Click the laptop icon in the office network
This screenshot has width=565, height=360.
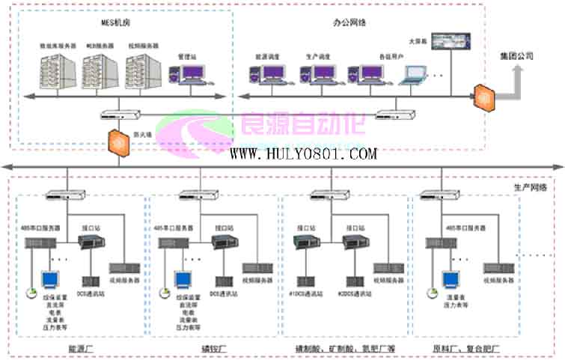pyautogui.click(x=414, y=74)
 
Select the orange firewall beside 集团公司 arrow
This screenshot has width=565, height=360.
pyautogui.click(x=483, y=96)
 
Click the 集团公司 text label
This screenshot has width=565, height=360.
pyautogui.click(x=516, y=57)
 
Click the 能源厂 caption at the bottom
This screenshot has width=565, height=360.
pyautogui.click(x=80, y=350)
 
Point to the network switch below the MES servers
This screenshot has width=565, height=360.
pyautogui.click(x=120, y=115)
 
